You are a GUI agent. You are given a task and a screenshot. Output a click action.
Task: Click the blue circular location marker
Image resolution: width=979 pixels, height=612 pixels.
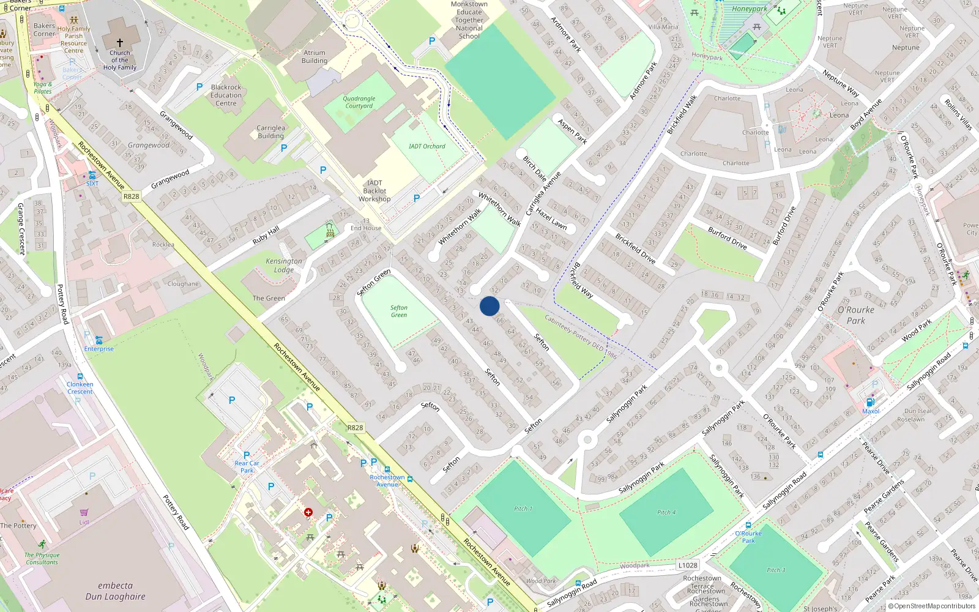[489, 306]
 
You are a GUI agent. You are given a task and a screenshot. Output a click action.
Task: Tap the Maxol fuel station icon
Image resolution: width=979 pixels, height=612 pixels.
[870, 402]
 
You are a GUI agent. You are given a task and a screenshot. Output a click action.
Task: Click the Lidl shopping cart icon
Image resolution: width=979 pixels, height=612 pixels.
[84, 512]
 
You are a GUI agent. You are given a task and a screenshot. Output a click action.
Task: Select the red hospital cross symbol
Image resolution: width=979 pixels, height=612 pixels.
[308, 512]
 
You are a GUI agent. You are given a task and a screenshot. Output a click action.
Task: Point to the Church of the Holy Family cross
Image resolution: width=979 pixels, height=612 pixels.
[120, 43]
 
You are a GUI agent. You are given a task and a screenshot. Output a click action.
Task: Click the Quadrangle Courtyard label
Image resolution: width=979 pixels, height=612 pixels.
[359, 102]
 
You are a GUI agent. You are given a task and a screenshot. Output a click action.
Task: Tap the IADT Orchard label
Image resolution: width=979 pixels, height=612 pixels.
[427, 146]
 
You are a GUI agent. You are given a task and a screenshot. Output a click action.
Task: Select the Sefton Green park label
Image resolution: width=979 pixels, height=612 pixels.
[399, 312]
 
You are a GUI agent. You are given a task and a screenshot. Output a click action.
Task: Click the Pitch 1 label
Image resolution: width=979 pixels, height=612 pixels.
[523, 509]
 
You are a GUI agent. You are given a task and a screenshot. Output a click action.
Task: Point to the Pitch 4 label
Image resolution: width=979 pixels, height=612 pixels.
[666, 512]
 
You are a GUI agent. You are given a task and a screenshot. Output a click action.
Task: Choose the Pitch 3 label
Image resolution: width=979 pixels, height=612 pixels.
[773, 570]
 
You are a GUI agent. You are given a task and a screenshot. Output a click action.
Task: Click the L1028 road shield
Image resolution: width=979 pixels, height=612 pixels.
[688, 565]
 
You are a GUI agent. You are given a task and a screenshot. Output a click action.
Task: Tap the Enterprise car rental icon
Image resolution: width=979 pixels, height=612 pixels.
[99, 340]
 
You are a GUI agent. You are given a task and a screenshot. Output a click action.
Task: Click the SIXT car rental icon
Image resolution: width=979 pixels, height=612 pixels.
[92, 175]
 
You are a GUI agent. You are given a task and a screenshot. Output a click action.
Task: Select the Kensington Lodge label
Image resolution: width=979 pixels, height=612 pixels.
[284, 265]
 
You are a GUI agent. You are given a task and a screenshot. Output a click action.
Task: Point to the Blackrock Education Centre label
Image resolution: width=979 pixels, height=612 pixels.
[226, 95]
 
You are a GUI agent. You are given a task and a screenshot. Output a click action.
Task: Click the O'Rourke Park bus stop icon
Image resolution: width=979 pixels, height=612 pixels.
[748, 525]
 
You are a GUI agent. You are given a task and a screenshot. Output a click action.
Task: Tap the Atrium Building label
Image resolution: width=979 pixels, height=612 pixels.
[315, 57]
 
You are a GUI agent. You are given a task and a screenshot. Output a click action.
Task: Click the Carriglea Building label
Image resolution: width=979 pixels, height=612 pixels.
[270, 132]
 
